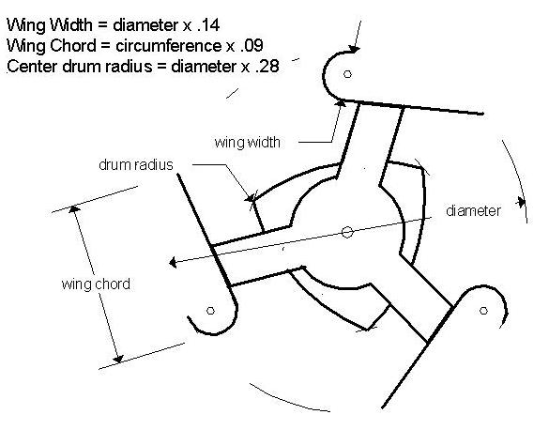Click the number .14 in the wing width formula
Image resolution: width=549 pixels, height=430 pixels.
click(x=208, y=25)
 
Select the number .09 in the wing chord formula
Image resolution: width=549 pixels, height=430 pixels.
click(x=252, y=46)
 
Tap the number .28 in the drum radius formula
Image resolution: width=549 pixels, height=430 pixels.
click(x=267, y=67)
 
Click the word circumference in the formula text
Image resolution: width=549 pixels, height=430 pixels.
click(x=168, y=46)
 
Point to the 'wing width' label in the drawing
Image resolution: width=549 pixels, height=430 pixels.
click(x=247, y=143)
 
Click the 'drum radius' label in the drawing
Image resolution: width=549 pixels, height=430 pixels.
click(x=136, y=164)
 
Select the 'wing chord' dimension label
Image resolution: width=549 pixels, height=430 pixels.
click(x=96, y=284)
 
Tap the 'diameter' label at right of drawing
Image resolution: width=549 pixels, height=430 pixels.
click(x=473, y=211)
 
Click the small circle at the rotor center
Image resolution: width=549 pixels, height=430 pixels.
click(x=347, y=232)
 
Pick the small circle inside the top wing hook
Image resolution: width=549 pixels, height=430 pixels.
click(x=347, y=74)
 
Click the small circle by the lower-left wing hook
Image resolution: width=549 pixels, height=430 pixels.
click(x=210, y=311)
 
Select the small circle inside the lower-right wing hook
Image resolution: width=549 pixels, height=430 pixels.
click(x=483, y=311)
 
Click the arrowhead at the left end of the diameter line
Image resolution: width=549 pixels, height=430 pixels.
click(x=173, y=262)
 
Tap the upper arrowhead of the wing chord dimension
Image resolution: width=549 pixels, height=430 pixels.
click(x=74, y=209)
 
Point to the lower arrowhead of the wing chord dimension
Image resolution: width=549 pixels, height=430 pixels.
click(x=118, y=359)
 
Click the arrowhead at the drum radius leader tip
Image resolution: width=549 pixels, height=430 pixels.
click(x=250, y=198)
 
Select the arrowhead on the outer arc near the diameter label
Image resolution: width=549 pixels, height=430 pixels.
click(x=522, y=202)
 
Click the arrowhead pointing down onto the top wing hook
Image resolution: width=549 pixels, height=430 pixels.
click(x=355, y=50)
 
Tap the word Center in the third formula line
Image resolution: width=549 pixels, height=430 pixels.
click(x=33, y=67)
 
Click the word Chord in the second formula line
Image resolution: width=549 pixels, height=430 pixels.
click(x=73, y=46)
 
